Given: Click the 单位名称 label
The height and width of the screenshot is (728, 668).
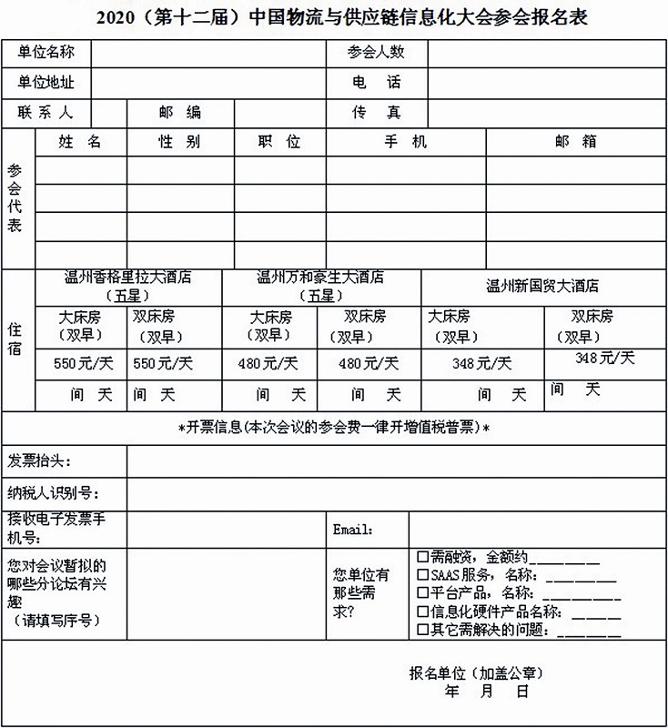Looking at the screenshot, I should click(x=46, y=53).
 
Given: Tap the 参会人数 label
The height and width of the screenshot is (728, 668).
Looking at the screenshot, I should click(x=376, y=53).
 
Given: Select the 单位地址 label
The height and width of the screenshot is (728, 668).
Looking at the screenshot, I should click(x=46, y=83).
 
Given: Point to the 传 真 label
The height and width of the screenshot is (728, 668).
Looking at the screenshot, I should click(x=376, y=113).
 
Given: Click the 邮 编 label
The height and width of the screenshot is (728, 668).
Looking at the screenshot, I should click(x=179, y=113).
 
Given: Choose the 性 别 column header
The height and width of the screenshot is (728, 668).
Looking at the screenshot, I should click(x=179, y=143).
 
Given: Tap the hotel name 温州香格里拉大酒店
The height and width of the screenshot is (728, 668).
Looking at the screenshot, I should click(x=127, y=278).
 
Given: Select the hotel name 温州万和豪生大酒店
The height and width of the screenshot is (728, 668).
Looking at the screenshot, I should click(x=320, y=278).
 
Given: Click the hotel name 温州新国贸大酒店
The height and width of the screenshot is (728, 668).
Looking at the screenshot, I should click(x=542, y=286).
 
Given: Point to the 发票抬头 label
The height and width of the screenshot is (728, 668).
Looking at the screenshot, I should click(x=39, y=462).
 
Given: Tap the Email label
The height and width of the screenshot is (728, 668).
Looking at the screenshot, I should click(x=353, y=530).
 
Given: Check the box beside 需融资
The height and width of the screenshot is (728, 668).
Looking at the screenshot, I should click(x=422, y=556).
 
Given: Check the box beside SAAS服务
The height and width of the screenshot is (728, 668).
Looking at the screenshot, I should click(x=422, y=575).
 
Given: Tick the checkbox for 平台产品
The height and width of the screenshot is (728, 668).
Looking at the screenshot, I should click(x=422, y=593).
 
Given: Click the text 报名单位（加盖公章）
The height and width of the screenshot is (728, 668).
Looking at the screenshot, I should click(x=476, y=674).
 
